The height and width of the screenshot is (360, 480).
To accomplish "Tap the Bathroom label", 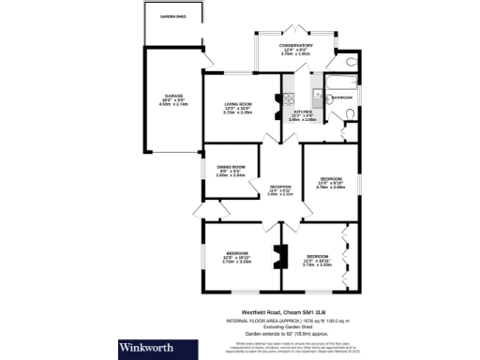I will (x=341, y=97).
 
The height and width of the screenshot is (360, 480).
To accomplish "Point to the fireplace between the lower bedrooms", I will (x=276, y=256).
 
